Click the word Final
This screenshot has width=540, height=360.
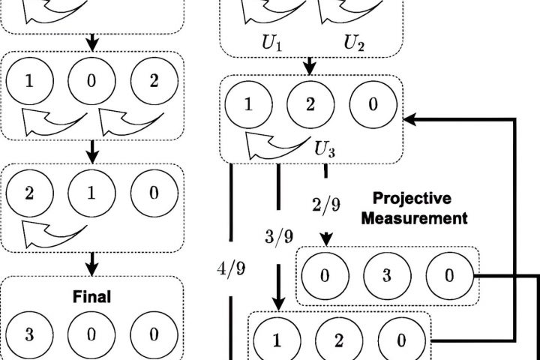[92, 297]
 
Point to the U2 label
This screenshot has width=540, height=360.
[355, 43]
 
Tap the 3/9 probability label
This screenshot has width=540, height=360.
[278, 237]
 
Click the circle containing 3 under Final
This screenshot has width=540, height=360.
[30, 334]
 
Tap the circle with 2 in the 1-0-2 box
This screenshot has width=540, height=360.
[153, 80]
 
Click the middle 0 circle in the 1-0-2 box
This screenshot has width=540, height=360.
[91, 80]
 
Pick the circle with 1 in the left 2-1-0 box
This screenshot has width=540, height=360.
[91, 193]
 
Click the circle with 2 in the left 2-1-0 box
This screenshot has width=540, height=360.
[30, 193]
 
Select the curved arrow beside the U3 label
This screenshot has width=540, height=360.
[270, 142]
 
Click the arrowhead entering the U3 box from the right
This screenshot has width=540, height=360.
[409, 118]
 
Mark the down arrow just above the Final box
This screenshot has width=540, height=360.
[92, 263]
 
